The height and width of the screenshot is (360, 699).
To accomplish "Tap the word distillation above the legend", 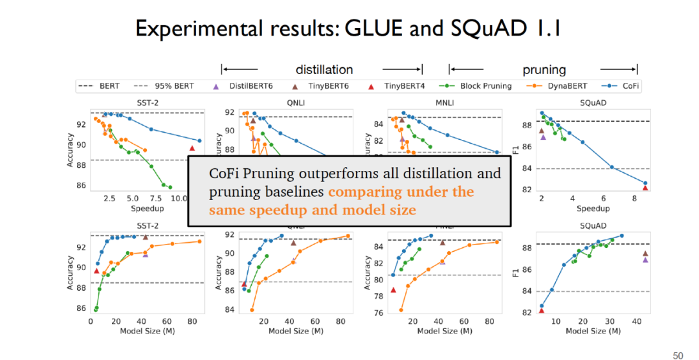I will coord(324,70).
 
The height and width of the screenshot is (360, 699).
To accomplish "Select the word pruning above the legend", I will coord(544,70).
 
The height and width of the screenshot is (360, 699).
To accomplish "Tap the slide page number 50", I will coord(678,355).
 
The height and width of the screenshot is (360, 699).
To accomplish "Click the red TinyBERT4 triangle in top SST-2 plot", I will coord(192,148).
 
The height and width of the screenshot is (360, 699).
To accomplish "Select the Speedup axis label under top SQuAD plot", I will coord(594,208).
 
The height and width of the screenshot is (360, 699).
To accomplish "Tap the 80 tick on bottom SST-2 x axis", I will coord(191,321).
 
